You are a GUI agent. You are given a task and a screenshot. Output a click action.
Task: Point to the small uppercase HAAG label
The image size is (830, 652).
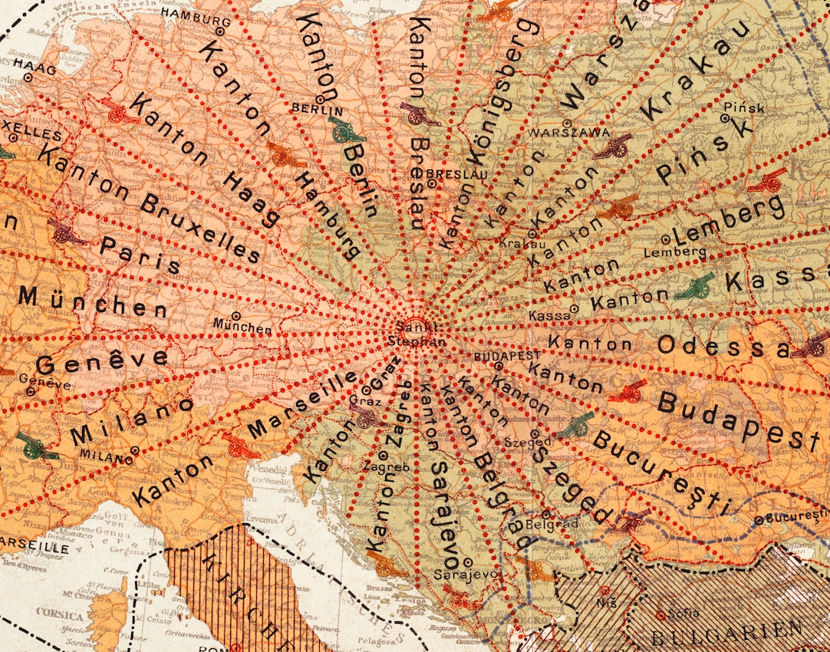click(x=40, y=69)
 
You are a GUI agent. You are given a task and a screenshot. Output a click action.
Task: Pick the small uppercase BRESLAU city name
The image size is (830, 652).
click(x=446, y=174)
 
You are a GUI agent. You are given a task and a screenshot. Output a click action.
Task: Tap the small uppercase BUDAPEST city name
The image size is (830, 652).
click(x=507, y=356)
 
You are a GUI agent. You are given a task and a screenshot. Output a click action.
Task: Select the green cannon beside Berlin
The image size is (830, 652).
click(x=347, y=130)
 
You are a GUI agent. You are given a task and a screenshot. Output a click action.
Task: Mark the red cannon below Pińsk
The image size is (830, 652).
click(x=767, y=181)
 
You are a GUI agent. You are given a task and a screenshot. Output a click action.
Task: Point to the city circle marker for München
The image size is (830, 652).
click(x=236, y=315)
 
